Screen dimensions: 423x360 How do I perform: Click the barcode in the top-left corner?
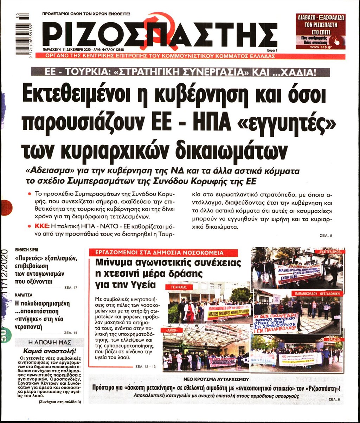pyautogui.click(x=22, y=34)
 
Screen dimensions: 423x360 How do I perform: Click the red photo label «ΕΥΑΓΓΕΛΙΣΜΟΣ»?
pyautogui.click(x=326, y=252)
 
